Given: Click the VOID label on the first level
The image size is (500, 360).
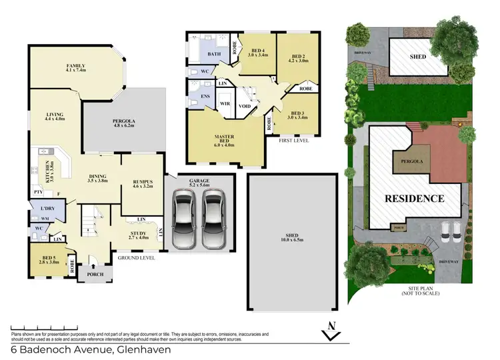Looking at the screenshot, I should (245, 105).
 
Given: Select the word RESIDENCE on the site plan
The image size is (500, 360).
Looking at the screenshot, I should (413, 198).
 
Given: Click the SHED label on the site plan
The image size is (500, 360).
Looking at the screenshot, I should (417, 55).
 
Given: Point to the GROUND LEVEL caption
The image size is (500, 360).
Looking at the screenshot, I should (137, 257).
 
